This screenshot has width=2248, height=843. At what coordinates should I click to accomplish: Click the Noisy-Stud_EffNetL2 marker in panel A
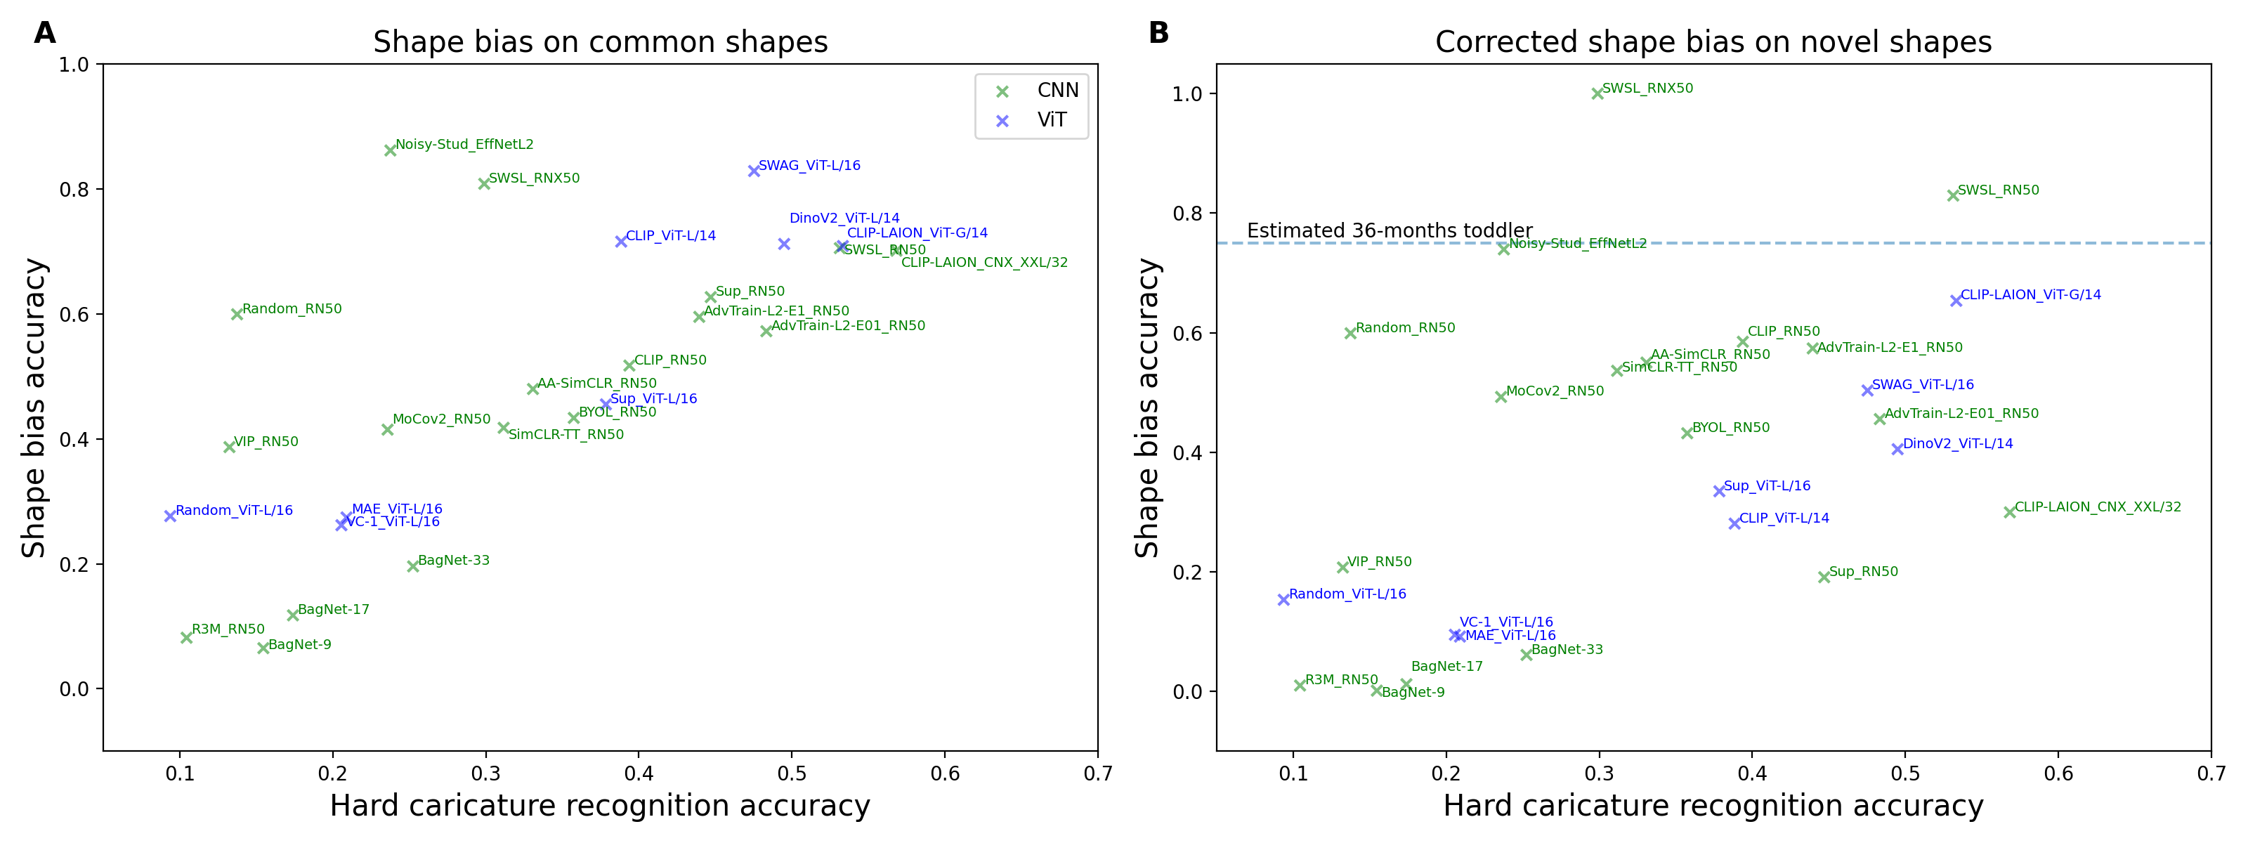click(x=390, y=150)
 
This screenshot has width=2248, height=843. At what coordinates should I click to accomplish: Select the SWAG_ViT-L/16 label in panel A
click(x=809, y=165)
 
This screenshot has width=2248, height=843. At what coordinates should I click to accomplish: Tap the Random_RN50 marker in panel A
click(x=237, y=314)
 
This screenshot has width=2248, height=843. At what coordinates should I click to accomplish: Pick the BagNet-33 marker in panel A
click(x=413, y=566)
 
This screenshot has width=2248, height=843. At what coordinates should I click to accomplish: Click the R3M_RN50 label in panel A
click(x=228, y=629)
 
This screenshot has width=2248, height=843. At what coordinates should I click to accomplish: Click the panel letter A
click(x=44, y=33)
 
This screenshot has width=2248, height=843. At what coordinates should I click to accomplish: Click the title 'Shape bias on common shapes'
click(x=601, y=42)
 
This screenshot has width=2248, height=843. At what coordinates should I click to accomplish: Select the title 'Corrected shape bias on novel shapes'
click(x=1713, y=42)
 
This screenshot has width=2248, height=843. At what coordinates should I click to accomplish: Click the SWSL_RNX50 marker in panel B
click(x=1597, y=93)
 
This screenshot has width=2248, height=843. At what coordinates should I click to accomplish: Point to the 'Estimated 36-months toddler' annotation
click(x=1390, y=230)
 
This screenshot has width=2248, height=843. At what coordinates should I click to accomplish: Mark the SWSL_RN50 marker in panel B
click(x=1953, y=195)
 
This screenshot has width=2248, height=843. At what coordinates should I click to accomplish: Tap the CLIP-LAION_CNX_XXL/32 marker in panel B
click(x=2010, y=512)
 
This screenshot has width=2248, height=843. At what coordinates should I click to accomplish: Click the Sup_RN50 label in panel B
click(x=1863, y=572)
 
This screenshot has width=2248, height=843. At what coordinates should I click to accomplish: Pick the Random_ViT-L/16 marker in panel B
click(x=1283, y=599)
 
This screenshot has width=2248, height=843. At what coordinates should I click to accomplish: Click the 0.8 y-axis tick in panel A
click(x=74, y=190)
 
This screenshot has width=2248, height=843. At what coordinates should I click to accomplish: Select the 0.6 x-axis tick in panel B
click(x=2058, y=773)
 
